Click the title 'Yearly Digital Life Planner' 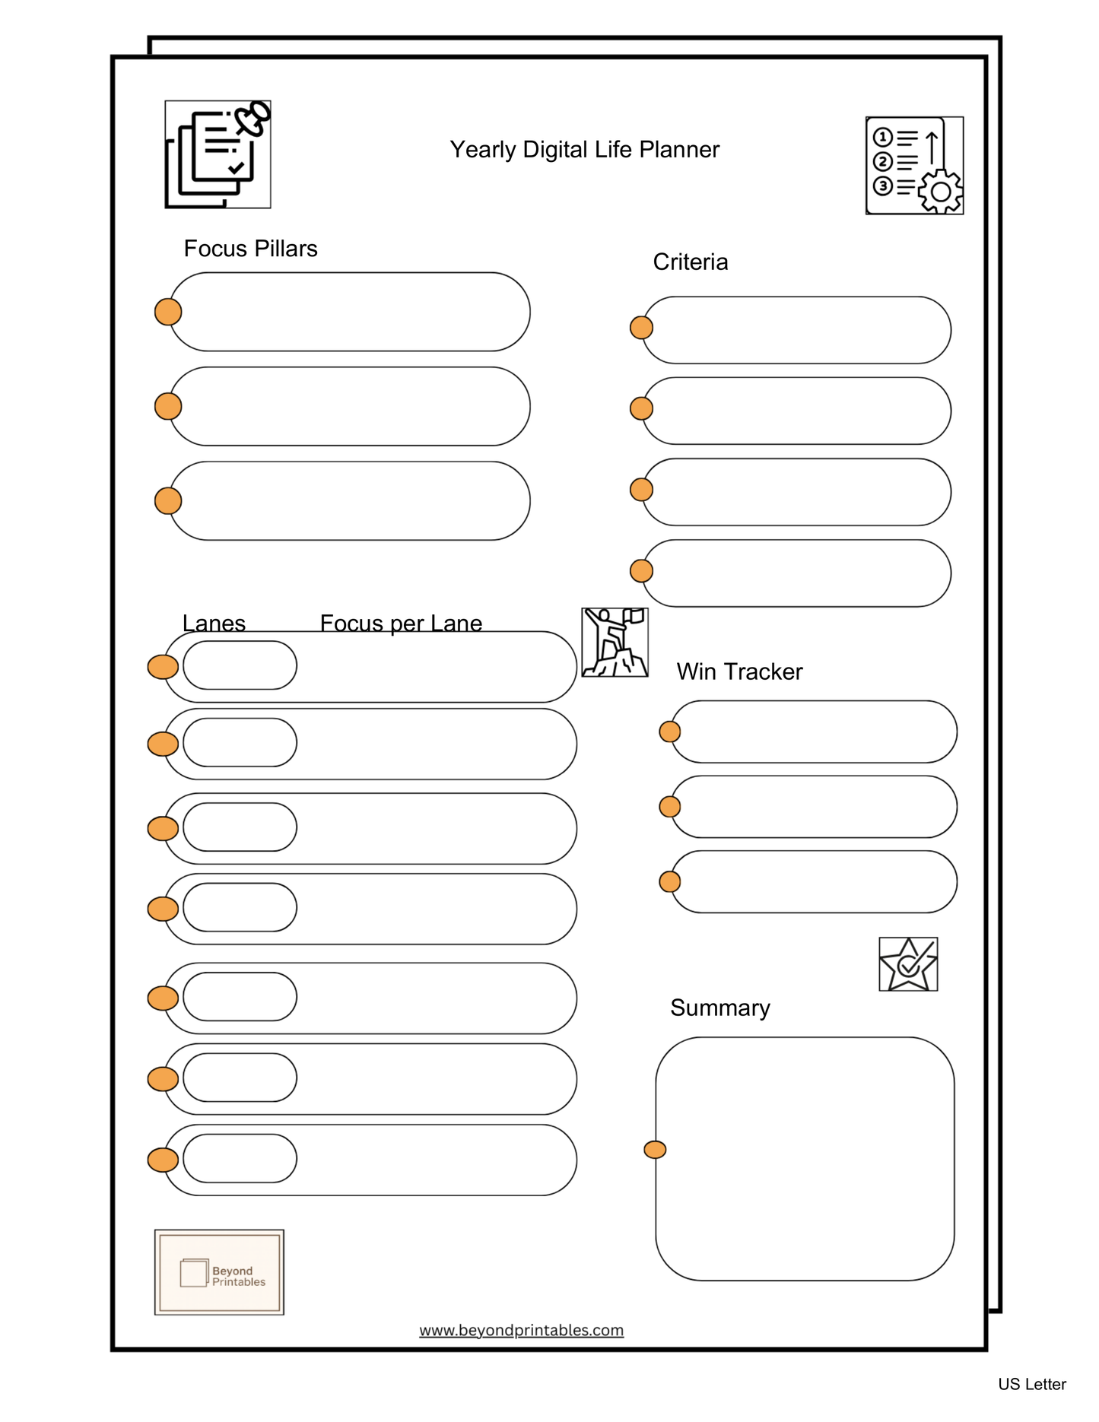click(x=583, y=150)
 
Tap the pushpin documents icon click(x=218, y=154)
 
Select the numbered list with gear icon click(x=913, y=166)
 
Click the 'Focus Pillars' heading click(x=250, y=249)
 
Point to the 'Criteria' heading click(x=690, y=262)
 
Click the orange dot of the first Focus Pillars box click(x=168, y=312)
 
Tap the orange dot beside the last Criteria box click(x=641, y=570)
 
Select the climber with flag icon click(x=615, y=643)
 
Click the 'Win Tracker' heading click(x=739, y=671)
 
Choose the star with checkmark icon click(x=907, y=964)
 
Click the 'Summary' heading click(x=719, y=1008)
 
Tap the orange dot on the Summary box click(x=655, y=1150)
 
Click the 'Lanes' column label click(x=214, y=623)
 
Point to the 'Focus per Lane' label click(x=401, y=623)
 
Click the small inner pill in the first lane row click(x=240, y=665)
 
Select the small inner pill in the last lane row click(x=240, y=1158)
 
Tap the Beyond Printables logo click(x=219, y=1272)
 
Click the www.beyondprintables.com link click(x=521, y=1330)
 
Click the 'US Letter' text click(x=1031, y=1384)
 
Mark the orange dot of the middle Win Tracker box click(x=669, y=806)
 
